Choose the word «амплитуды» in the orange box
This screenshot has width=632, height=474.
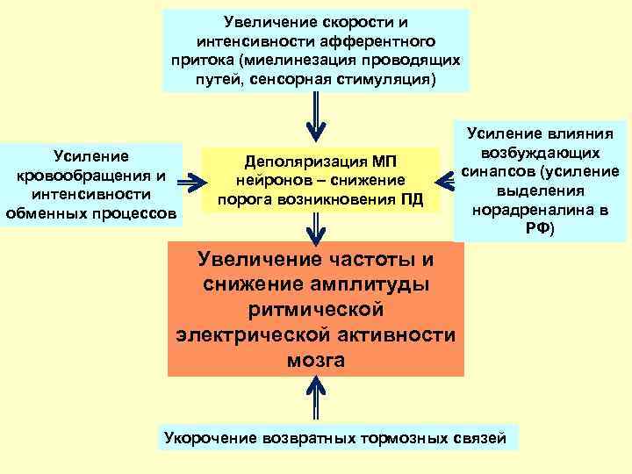373,287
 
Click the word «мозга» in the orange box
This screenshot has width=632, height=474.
315,361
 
